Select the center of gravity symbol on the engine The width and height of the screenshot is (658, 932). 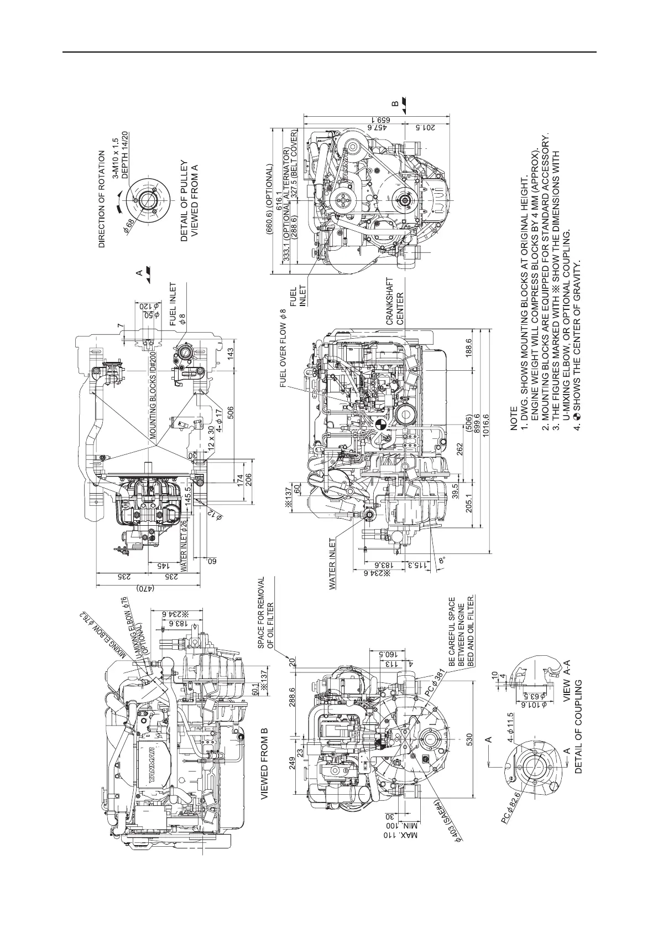pos(380,425)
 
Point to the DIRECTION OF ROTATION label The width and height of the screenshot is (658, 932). pos(102,200)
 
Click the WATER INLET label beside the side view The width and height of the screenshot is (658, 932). pos(333,564)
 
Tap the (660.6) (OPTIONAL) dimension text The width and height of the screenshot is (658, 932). pos(269,200)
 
